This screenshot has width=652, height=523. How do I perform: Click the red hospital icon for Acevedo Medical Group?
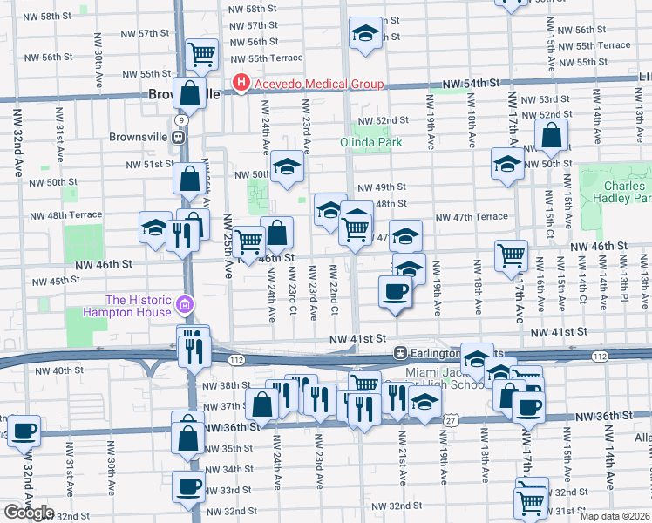[241, 85]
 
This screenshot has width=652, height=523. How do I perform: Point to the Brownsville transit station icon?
[179, 137]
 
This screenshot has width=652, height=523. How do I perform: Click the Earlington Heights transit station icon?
[400, 353]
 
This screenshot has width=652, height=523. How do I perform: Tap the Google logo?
[30, 513]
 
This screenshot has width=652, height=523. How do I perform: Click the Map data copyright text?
[615, 516]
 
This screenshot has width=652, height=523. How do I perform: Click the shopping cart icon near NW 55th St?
[202, 53]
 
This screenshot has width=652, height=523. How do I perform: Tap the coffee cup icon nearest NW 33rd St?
[188, 486]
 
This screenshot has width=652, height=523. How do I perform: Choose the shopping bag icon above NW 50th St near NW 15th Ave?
[552, 135]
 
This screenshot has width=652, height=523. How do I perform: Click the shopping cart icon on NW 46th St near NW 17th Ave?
[511, 255]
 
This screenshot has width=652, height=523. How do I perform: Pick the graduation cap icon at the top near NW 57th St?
[364, 34]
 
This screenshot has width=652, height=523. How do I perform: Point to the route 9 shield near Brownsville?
[179, 118]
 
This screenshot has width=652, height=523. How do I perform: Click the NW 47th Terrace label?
[472, 217]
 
